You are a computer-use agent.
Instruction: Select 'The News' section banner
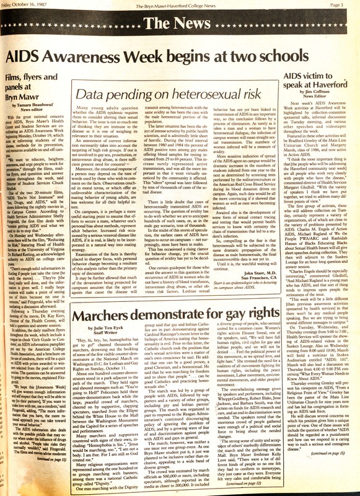pos(179,24)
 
